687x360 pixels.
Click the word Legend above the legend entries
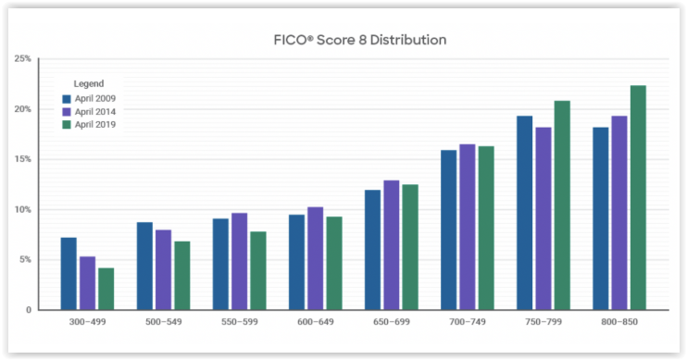pos(89,84)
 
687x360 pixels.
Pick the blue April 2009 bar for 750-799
pos(524,213)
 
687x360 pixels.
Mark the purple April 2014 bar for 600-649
pos(315,258)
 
